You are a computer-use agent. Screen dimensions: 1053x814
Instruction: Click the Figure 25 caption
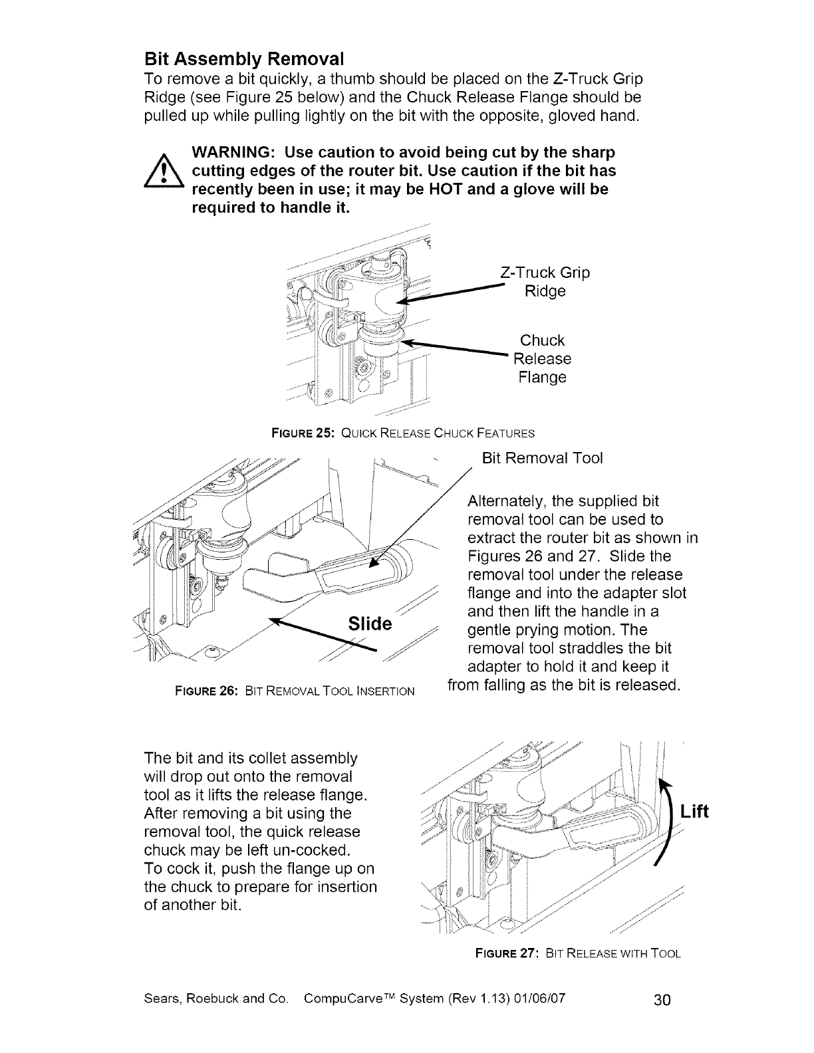(404, 433)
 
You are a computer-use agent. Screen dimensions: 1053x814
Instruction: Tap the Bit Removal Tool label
(542, 459)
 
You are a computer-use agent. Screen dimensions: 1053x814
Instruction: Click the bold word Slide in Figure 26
(370, 624)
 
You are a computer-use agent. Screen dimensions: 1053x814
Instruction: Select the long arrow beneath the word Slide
(326, 636)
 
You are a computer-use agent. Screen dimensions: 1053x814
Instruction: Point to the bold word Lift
(694, 812)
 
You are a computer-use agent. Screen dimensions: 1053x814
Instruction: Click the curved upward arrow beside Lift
(666, 822)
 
